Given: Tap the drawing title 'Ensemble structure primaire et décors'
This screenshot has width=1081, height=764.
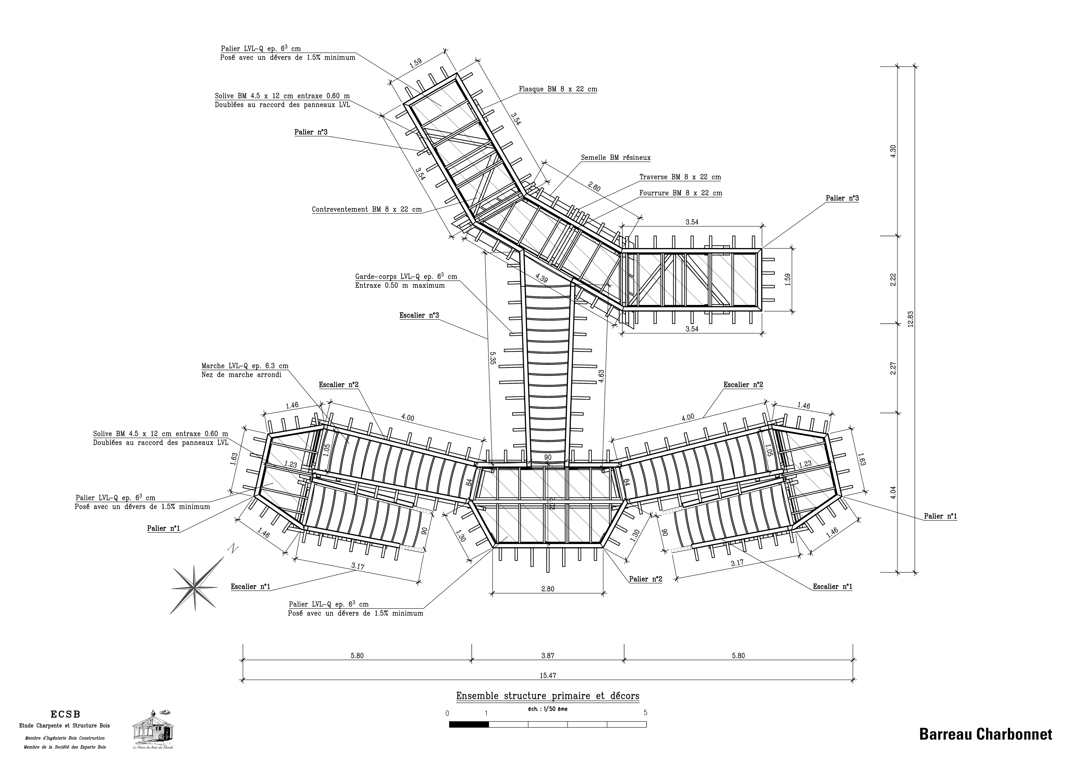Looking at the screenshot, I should [x=548, y=696].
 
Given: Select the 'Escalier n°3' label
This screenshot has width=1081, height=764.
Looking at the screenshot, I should [x=419, y=315].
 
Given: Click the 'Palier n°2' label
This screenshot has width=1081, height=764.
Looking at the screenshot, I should [x=645, y=579].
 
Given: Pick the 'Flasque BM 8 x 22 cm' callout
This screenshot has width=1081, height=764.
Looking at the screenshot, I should [x=558, y=89].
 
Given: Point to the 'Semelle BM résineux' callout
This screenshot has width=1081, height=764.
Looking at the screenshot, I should [x=615, y=158].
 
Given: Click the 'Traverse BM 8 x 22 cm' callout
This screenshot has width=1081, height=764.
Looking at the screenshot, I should [x=680, y=177].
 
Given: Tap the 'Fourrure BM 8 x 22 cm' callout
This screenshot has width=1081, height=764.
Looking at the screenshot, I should [x=680, y=193].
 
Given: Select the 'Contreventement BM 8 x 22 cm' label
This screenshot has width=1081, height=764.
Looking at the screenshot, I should [x=367, y=209].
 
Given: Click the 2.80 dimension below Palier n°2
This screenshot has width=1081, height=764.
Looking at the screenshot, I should [x=548, y=588].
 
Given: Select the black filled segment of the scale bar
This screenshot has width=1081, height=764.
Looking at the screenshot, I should [x=469, y=725].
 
